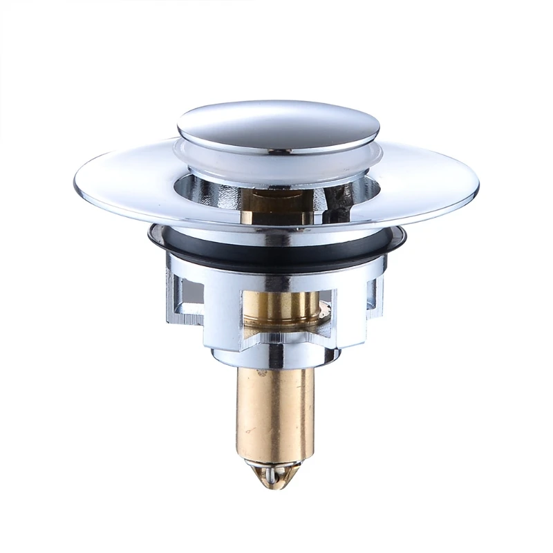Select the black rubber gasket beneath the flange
point(276,254)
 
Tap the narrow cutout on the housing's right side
point(375,294)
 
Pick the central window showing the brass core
point(287,311)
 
